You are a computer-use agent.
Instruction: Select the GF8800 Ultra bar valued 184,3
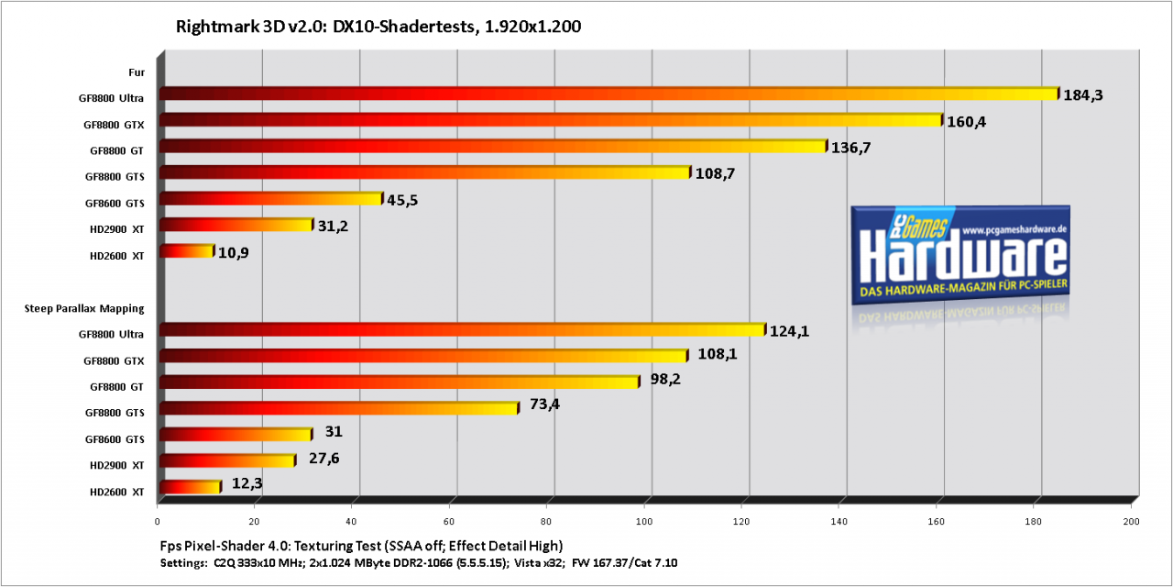[609, 94]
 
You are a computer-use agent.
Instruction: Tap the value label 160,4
[966, 122]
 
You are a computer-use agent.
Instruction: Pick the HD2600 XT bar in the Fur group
[186, 251]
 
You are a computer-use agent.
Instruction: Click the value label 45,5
[402, 200]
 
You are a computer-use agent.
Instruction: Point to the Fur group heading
[137, 72]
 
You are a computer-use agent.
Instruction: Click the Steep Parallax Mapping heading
[84, 309]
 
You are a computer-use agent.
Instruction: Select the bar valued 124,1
[463, 329]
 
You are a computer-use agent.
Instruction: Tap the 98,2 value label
[665, 379]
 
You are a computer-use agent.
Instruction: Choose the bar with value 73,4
[339, 408]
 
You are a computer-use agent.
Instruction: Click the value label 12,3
[247, 483]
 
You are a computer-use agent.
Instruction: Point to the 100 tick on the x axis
[644, 522]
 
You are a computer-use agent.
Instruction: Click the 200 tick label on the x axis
[1131, 522]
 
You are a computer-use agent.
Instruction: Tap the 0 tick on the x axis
[157, 522]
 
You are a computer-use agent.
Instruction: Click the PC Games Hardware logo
[959, 255]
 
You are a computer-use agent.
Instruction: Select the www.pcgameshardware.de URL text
[1014, 229]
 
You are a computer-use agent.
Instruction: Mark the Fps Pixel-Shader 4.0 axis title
[361, 546]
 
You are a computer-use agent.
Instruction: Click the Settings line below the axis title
[419, 563]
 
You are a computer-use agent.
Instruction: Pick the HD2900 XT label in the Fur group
[116, 229]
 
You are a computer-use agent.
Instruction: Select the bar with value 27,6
[227, 460]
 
